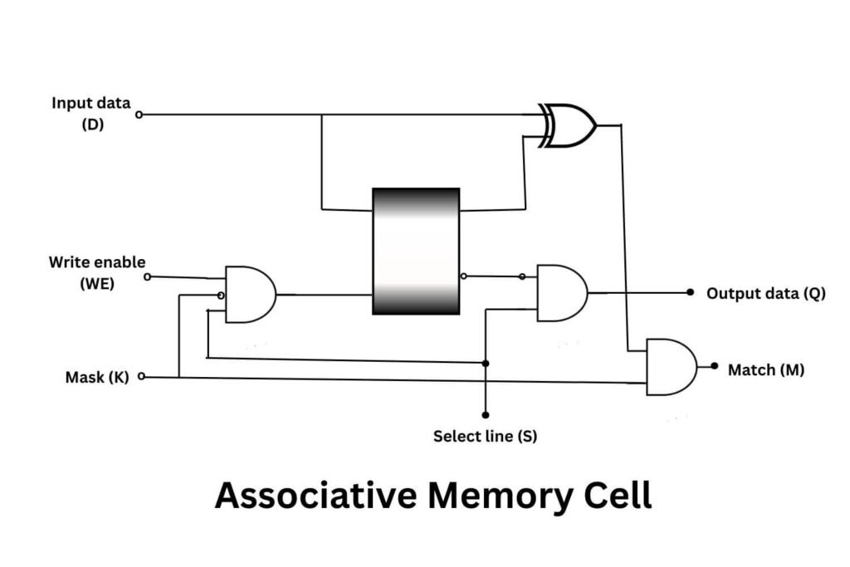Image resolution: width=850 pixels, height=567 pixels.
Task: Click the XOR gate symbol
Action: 569,125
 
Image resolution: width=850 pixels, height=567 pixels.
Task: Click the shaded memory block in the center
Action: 416,251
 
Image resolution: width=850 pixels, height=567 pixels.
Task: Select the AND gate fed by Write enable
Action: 249,295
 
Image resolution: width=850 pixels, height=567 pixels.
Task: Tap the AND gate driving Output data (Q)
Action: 561,293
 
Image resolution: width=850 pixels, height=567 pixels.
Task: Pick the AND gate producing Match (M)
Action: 671,366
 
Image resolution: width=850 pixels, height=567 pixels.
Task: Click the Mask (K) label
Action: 97,378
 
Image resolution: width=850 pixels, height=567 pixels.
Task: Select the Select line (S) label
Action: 485,436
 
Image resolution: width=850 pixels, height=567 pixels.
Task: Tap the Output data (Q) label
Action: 765,293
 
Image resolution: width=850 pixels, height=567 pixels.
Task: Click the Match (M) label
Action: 765,369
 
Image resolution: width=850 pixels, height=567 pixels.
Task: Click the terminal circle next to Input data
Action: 139,115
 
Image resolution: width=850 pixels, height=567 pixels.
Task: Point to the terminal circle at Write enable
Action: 148,277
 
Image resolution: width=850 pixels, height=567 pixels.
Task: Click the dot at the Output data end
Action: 690,292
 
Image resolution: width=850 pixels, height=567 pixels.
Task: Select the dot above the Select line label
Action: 486,414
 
